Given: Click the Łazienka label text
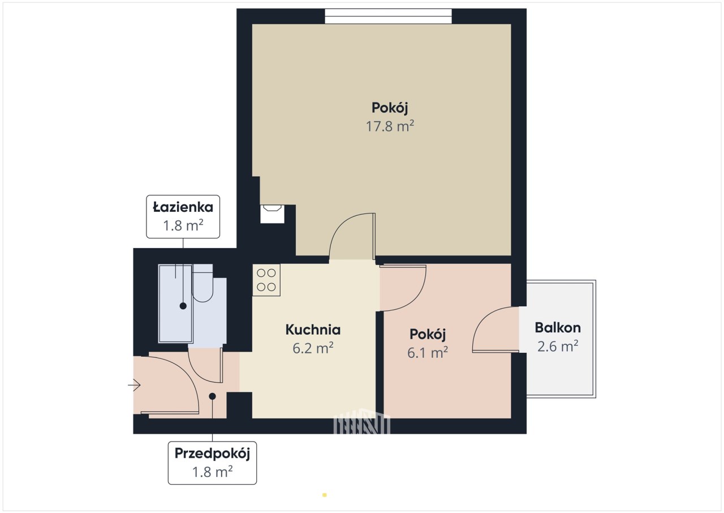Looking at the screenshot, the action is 183,207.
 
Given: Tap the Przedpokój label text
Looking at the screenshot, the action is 212,454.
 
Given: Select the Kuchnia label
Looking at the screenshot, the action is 313,330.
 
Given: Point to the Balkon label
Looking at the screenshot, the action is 558,328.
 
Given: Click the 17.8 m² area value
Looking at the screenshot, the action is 390,126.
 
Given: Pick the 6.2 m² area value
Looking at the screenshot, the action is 313,348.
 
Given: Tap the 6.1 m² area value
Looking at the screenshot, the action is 427,353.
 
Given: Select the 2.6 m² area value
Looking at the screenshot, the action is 558,347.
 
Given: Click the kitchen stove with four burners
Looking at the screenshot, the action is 266,280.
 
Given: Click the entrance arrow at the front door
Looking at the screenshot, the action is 134,385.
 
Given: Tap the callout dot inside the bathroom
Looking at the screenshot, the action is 183,306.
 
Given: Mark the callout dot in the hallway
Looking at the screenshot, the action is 212,396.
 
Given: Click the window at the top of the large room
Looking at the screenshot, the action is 388,16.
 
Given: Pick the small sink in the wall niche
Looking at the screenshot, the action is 272,214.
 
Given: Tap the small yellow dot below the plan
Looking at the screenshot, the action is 325,495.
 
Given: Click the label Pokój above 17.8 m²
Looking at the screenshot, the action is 390,108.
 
